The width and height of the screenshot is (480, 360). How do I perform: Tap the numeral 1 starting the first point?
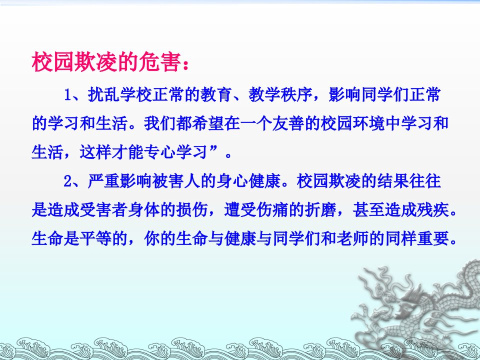tap(68, 95)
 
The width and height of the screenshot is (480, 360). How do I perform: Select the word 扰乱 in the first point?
tap(103, 95)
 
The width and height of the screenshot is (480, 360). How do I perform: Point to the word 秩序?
tap(296, 95)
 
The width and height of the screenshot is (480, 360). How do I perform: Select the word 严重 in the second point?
tap(103, 181)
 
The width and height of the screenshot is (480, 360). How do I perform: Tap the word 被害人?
tap(176, 181)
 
